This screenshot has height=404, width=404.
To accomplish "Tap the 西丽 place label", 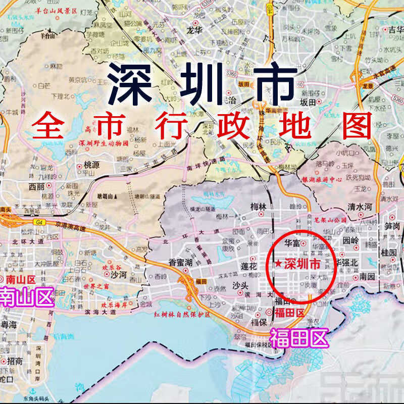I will click(36, 186).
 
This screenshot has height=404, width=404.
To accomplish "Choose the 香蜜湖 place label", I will click(181, 262).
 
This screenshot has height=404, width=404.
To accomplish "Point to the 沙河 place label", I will click(118, 274).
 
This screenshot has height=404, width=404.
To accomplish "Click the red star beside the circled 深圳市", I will click(279, 264).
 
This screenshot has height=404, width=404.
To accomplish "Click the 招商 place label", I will click(14, 361).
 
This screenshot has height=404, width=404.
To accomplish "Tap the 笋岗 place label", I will click(392, 226).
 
